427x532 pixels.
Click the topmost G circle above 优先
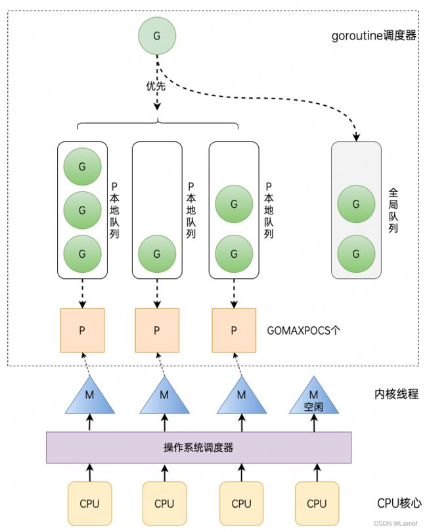(x=157, y=36)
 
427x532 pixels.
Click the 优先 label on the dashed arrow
(x=156, y=86)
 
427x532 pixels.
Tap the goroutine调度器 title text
(x=374, y=36)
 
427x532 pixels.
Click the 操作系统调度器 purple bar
(x=198, y=447)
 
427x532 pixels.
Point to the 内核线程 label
(x=396, y=394)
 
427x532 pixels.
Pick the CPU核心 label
(x=399, y=503)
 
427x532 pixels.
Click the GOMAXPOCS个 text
(x=303, y=330)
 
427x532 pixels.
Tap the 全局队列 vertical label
(x=393, y=210)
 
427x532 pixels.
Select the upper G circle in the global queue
(x=356, y=204)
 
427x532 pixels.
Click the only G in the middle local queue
(x=157, y=254)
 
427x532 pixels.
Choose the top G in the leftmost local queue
(x=82, y=166)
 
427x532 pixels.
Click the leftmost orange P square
(x=82, y=331)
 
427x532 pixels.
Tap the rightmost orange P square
(x=234, y=331)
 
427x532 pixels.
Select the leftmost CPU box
(x=90, y=504)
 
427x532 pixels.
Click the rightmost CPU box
(x=317, y=504)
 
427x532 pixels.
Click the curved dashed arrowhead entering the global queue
(x=356, y=137)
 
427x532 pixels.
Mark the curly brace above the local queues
(x=158, y=123)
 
